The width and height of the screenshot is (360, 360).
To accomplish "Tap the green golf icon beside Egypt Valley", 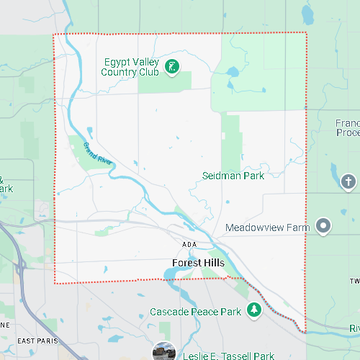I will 172,68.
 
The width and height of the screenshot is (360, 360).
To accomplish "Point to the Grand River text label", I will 96,153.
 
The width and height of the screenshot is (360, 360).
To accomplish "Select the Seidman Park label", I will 233,176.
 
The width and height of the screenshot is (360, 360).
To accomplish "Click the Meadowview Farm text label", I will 267,228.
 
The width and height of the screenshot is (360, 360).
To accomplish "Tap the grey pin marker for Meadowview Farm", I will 324,227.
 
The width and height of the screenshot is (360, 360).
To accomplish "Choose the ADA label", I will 189,245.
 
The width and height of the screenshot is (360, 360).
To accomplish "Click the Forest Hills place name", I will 198,263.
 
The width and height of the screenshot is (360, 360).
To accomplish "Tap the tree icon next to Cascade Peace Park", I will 253,310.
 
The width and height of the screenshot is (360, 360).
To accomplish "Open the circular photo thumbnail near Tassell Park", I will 165,352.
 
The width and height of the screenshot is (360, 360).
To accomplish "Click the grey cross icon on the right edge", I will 348,181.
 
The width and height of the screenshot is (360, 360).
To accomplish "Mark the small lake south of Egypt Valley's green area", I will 232,72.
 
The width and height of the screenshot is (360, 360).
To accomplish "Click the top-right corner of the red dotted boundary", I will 306,32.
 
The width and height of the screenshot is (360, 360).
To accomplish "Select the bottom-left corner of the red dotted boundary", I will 55,283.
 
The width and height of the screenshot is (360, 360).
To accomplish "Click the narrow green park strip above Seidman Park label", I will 230,140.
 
